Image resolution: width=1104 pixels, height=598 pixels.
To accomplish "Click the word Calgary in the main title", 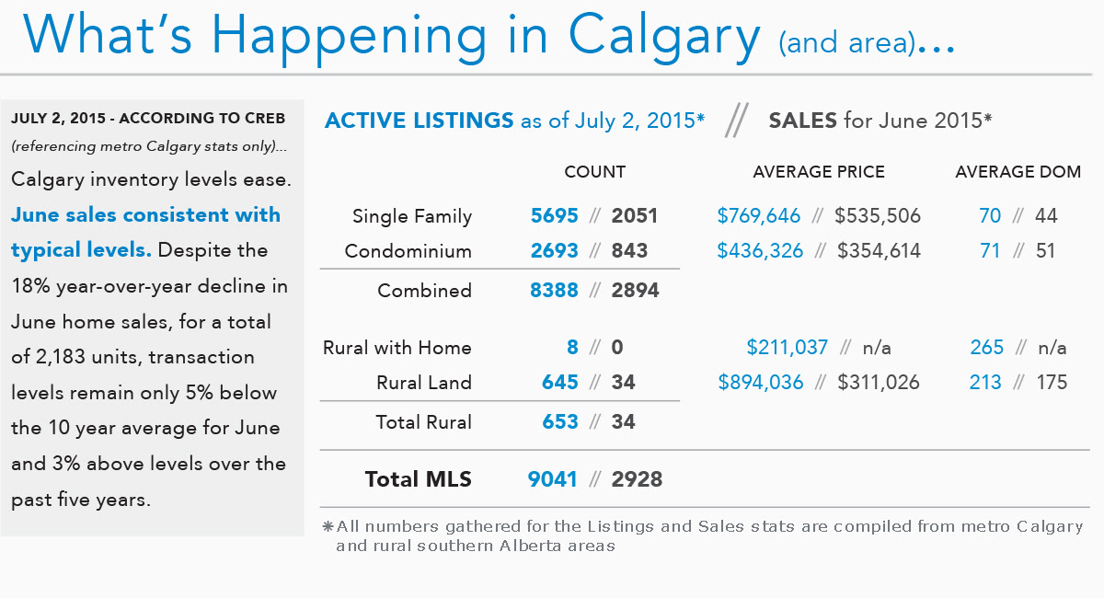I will (x=664, y=34).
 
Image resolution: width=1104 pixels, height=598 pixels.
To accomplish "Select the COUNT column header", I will (x=594, y=172).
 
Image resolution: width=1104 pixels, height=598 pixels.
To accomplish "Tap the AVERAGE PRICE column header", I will (x=819, y=172).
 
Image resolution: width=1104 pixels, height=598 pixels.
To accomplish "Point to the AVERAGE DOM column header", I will (x=1018, y=172).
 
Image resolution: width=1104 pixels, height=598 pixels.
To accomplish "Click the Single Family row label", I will (x=412, y=216).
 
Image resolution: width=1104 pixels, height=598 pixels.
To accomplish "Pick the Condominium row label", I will (x=408, y=251).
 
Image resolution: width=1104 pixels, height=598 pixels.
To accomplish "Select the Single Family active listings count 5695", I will (x=554, y=216).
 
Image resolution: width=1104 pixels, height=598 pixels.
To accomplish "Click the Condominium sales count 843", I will (x=629, y=251).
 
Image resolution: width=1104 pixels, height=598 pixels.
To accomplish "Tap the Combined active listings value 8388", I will (x=554, y=291).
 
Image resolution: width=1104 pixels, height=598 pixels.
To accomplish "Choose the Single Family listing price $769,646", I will (x=759, y=216).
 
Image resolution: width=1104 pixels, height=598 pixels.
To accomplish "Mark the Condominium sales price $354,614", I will (x=879, y=251).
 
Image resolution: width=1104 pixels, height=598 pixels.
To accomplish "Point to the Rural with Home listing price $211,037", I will (x=788, y=348).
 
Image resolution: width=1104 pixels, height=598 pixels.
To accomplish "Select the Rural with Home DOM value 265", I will (x=986, y=348).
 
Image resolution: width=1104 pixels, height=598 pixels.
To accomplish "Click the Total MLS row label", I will (x=418, y=479).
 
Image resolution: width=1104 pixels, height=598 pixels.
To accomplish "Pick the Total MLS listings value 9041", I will (x=553, y=479).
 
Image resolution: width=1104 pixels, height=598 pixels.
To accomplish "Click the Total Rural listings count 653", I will (x=560, y=422).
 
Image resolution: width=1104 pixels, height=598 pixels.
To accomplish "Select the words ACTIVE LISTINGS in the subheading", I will (x=419, y=121).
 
